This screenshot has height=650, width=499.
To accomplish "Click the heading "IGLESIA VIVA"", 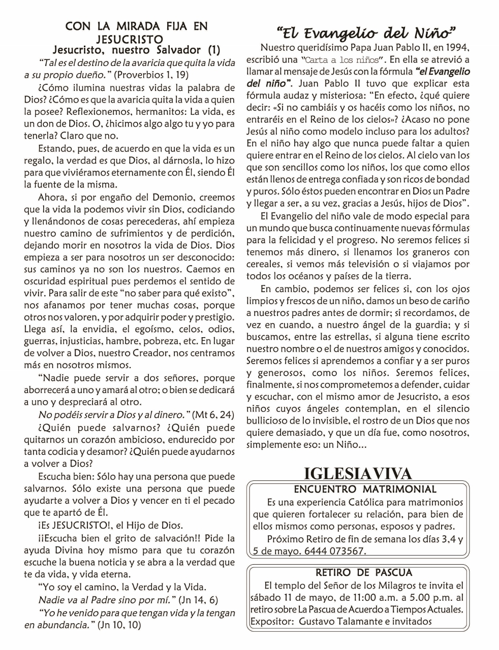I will tap(357, 474).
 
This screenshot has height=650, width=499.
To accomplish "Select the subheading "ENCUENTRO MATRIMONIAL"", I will tap(365, 490).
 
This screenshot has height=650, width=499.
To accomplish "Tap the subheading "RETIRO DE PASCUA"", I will tap(363, 573).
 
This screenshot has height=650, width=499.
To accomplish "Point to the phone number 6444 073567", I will tap(335, 551).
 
